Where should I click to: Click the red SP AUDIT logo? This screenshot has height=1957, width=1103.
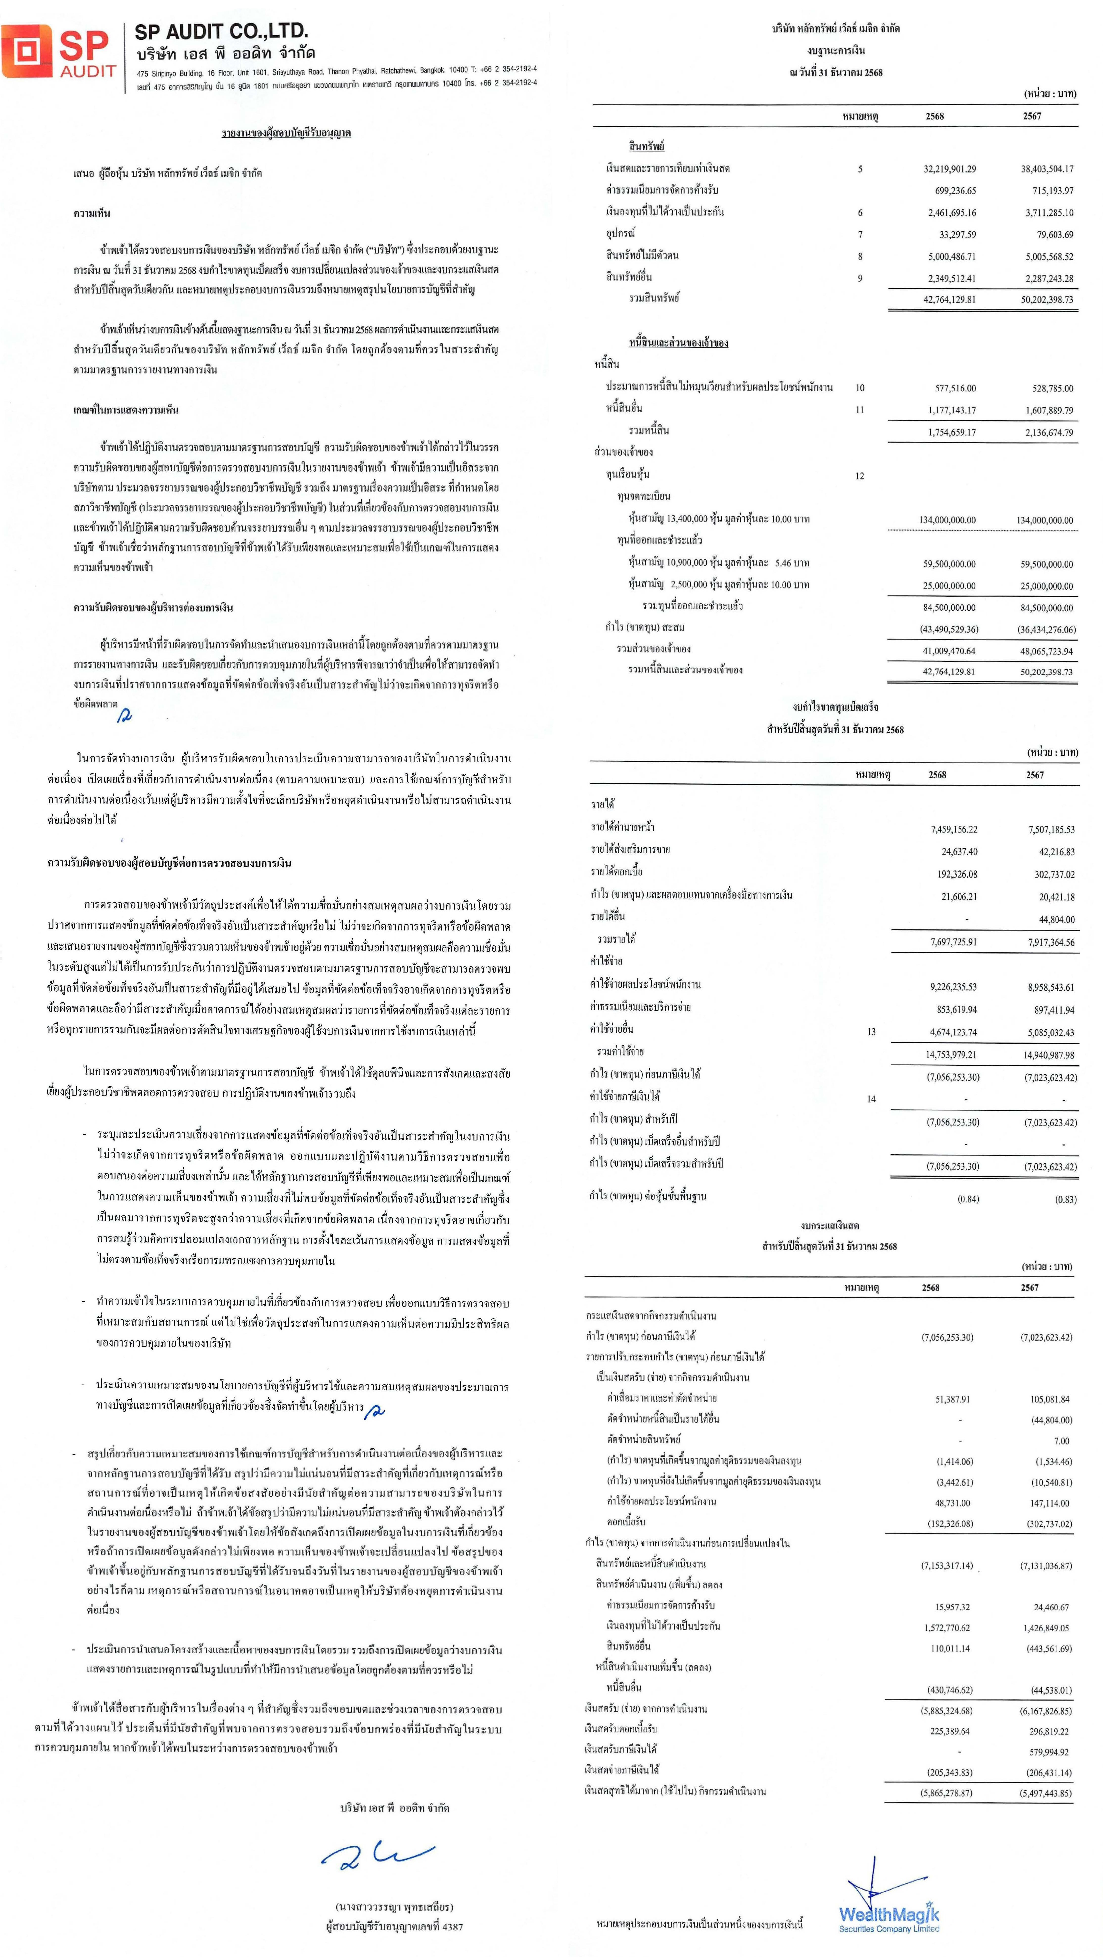point(59,51)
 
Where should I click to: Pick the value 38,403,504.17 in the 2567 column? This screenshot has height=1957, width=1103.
point(1047,169)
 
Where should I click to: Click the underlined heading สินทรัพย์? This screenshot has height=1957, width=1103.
point(646,146)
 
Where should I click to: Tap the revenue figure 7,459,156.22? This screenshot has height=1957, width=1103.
point(953,829)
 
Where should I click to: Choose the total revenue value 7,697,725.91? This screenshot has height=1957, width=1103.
point(953,942)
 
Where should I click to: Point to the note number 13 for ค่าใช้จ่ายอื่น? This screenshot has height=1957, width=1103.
point(871,1032)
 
